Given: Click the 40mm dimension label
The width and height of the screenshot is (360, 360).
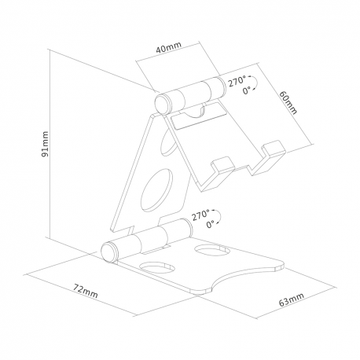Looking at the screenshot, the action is click(x=169, y=47).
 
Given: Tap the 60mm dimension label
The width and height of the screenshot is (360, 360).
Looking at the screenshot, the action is click(x=288, y=102).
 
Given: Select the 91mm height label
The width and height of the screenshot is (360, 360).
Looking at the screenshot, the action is click(x=46, y=144).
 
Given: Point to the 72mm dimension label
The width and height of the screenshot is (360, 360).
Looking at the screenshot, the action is click(x=86, y=291).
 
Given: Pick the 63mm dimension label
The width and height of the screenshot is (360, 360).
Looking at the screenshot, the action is click(x=291, y=299).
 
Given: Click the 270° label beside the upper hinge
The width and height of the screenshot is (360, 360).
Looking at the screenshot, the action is click(x=237, y=81).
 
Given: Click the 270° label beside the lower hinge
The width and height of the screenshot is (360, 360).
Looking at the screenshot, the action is click(x=200, y=215).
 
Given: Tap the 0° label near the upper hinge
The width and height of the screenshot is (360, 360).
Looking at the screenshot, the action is click(x=246, y=90).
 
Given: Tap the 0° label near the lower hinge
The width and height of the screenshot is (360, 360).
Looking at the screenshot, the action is click(x=210, y=224).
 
